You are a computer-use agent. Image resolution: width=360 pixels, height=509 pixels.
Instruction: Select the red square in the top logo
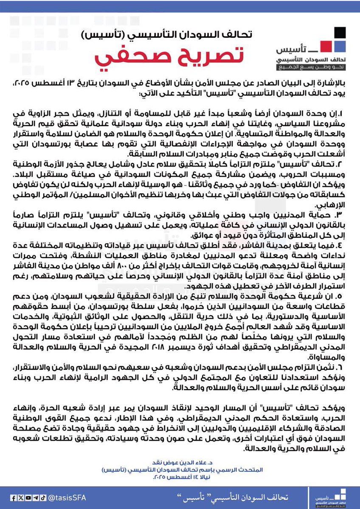tap(326, 45)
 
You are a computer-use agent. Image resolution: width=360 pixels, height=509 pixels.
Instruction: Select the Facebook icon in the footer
tap(13, 498)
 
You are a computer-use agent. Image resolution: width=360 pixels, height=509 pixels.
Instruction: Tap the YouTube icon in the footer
tap(28, 498)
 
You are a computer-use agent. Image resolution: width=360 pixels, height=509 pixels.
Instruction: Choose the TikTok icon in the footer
tap(42, 498)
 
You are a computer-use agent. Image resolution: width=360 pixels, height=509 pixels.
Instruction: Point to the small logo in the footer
tap(333, 498)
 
